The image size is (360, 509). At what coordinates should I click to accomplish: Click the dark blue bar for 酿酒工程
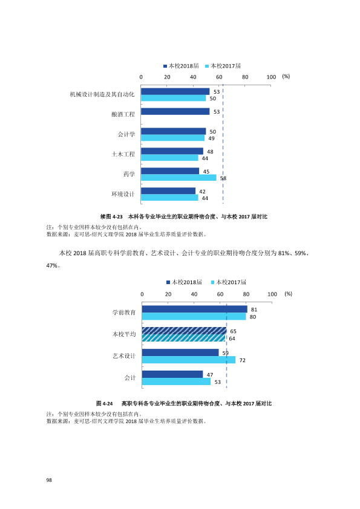click(175, 111)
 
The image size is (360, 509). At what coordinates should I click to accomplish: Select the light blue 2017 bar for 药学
click(178, 178)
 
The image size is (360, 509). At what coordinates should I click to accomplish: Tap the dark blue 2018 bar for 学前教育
click(195, 309)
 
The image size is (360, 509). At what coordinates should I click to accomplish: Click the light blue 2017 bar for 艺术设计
click(189, 360)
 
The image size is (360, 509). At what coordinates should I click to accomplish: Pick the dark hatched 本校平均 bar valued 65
click(184, 331)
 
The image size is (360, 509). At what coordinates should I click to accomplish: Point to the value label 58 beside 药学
click(223, 178)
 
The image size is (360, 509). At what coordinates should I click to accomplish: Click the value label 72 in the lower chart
click(243, 360)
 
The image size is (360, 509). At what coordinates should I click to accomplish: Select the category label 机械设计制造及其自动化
click(102, 94)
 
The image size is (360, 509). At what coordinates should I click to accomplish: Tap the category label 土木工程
click(123, 154)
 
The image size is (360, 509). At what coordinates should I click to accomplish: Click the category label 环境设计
click(123, 194)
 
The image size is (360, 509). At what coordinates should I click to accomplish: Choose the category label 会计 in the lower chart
click(130, 378)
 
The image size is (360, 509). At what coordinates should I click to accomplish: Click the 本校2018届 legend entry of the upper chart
click(181, 66)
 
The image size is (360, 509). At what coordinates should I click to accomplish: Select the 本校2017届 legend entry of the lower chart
click(229, 282)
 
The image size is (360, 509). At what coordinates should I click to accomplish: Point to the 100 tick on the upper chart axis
click(271, 77)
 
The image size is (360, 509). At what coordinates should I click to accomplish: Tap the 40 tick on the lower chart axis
click(194, 294)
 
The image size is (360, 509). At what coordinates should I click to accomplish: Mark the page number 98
click(49, 480)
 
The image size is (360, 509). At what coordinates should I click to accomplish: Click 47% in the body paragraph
click(52, 265)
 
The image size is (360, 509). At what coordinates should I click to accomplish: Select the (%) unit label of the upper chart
click(286, 76)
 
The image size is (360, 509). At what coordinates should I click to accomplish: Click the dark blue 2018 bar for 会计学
click(174, 131)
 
